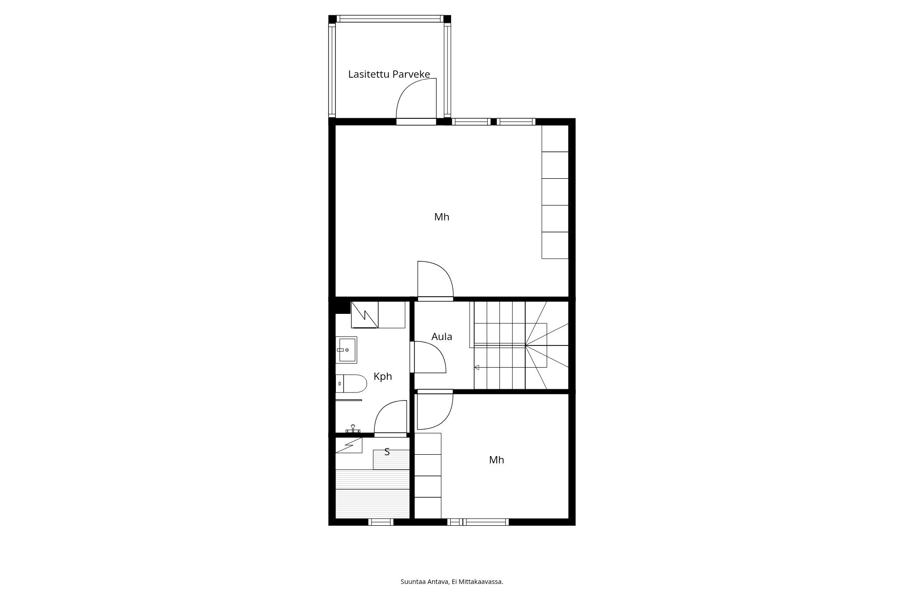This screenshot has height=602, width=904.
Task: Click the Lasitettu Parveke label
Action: tap(389, 75)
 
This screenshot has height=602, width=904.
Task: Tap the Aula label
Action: tap(442, 336)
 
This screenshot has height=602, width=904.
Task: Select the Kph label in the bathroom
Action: tap(383, 377)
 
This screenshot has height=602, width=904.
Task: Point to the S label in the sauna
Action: tap(387, 452)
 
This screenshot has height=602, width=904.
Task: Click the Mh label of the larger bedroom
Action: tap(442, 217)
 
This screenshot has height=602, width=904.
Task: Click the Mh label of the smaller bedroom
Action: tap(496, 460)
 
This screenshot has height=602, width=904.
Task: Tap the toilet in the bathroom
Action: tap(351, 383)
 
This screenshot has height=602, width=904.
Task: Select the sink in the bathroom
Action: tap(347, 350)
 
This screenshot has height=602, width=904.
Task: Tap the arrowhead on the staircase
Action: tap(476, 368)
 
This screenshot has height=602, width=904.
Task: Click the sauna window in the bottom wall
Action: tap(381, 522)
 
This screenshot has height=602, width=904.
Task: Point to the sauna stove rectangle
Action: tap(391, 460)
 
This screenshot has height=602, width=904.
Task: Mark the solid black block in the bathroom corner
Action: tap(343, 307)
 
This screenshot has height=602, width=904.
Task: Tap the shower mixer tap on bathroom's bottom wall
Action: tap(353, 429)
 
